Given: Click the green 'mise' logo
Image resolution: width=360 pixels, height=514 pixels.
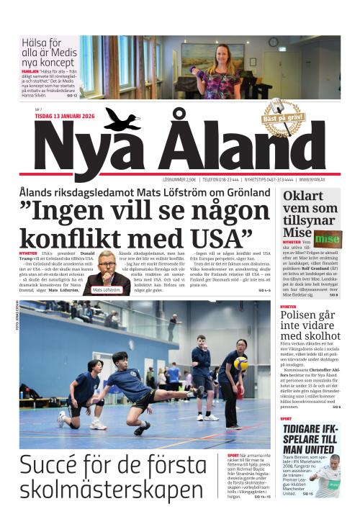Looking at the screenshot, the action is point(328,238).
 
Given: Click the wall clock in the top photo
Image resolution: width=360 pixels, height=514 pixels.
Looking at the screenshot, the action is point(273,42).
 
